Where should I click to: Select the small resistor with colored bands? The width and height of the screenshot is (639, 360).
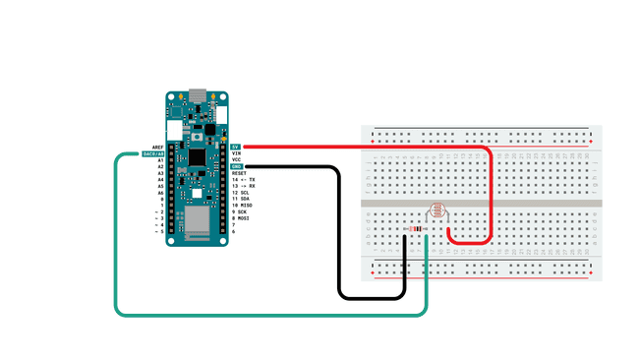(x=418, y=228)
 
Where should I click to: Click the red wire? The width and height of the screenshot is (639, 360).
(x=364, y=147)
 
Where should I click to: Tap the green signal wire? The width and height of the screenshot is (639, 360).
(x=116, y=246)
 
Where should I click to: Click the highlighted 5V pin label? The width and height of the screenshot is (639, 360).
(x=235, y=147)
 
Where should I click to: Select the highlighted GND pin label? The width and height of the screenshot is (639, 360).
(x=236, y=166)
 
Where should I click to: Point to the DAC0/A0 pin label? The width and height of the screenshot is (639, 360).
(x=152, y=153)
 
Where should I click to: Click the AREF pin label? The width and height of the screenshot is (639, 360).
(x=157, y=147)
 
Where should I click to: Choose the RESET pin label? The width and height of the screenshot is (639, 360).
(x=239, y=173)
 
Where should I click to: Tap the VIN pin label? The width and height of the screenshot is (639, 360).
(x=236, y=153)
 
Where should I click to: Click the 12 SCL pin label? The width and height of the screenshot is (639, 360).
(x=240, y=193)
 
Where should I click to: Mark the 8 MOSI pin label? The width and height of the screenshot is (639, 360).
(x=241, y=218)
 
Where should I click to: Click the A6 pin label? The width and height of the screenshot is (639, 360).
(x=159, y=193)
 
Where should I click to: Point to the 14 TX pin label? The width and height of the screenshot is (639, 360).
(x=243, y=180)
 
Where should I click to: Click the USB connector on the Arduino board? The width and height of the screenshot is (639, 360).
(x=198, y=96)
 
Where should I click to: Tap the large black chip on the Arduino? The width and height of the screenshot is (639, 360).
(x=197, y=157)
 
